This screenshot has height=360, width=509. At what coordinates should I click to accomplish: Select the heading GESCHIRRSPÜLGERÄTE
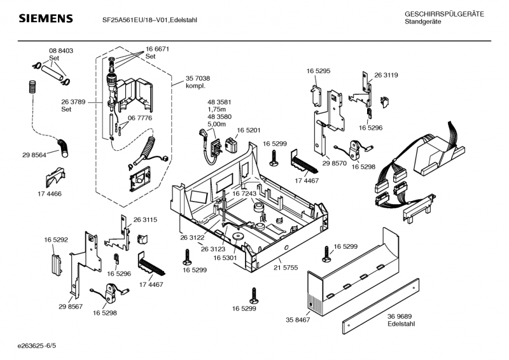[x=444, y=14]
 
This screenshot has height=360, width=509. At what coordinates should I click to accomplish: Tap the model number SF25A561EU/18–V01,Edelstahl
[x=150, y=20]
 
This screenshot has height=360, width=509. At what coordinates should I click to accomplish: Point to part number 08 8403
[x=61, y=50]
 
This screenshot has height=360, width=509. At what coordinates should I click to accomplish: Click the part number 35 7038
[x=198, y=78]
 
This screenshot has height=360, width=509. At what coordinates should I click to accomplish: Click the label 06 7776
[x=140, y=118]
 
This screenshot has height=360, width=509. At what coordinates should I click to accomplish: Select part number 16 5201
[x=249, y=130]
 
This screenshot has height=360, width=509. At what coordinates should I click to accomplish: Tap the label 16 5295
[x=318, y=71]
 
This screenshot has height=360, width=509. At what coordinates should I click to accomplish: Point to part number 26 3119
[x=386, y=75]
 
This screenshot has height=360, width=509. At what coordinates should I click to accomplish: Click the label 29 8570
[x=335, y=163]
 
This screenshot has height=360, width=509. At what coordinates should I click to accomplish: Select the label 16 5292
[x=56, y=240]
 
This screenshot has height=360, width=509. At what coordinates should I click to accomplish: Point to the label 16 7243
[x=244, y=193]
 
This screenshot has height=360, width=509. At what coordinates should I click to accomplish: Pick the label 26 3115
[x=146, y=219]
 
